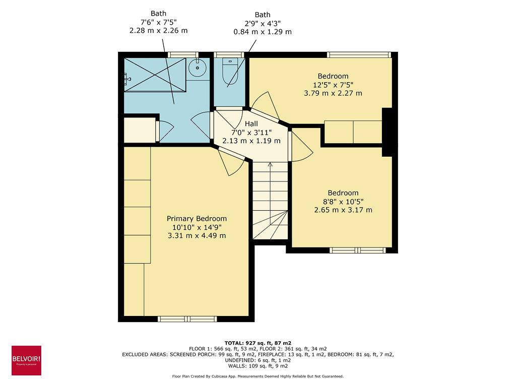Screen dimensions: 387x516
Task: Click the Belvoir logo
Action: point(26,360)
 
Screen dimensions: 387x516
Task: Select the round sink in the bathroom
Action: point(197,66)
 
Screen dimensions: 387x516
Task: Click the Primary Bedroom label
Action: point(197,219)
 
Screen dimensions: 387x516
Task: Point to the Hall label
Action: point(251,124)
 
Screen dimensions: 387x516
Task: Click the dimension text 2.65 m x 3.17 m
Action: point(343,210)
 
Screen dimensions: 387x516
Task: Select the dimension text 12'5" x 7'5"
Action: point(333,85)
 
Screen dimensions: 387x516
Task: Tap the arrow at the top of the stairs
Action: point(270,164)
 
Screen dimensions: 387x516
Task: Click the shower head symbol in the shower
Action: point(126,78)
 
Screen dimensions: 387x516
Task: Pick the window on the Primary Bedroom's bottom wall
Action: point(187,318)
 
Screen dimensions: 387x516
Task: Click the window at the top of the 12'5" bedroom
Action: point(358,54)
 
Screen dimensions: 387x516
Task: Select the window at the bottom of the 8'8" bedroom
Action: point(358,250)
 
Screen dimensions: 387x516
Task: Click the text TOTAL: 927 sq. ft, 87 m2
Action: point(257,342)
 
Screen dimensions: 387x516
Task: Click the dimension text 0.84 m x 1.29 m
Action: point(262,32)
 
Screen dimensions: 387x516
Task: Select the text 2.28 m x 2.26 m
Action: point(158,30)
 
